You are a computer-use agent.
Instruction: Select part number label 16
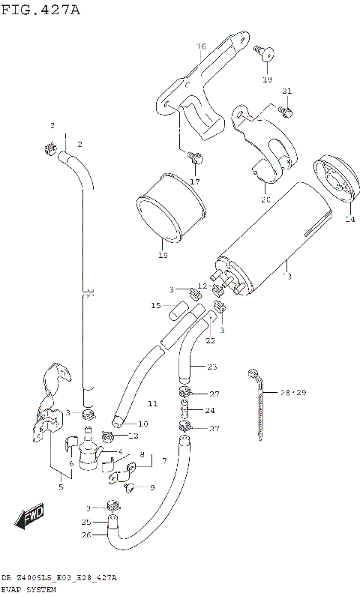coord(201,46)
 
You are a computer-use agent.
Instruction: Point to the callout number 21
coord(286,91)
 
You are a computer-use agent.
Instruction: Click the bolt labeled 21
coord(285,111)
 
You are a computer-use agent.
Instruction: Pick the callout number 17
coord(195,181)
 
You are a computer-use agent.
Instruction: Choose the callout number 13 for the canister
coord(286,277)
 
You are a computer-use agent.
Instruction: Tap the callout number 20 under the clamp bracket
coord(264,199)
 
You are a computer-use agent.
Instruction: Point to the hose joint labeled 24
coord(184,410)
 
